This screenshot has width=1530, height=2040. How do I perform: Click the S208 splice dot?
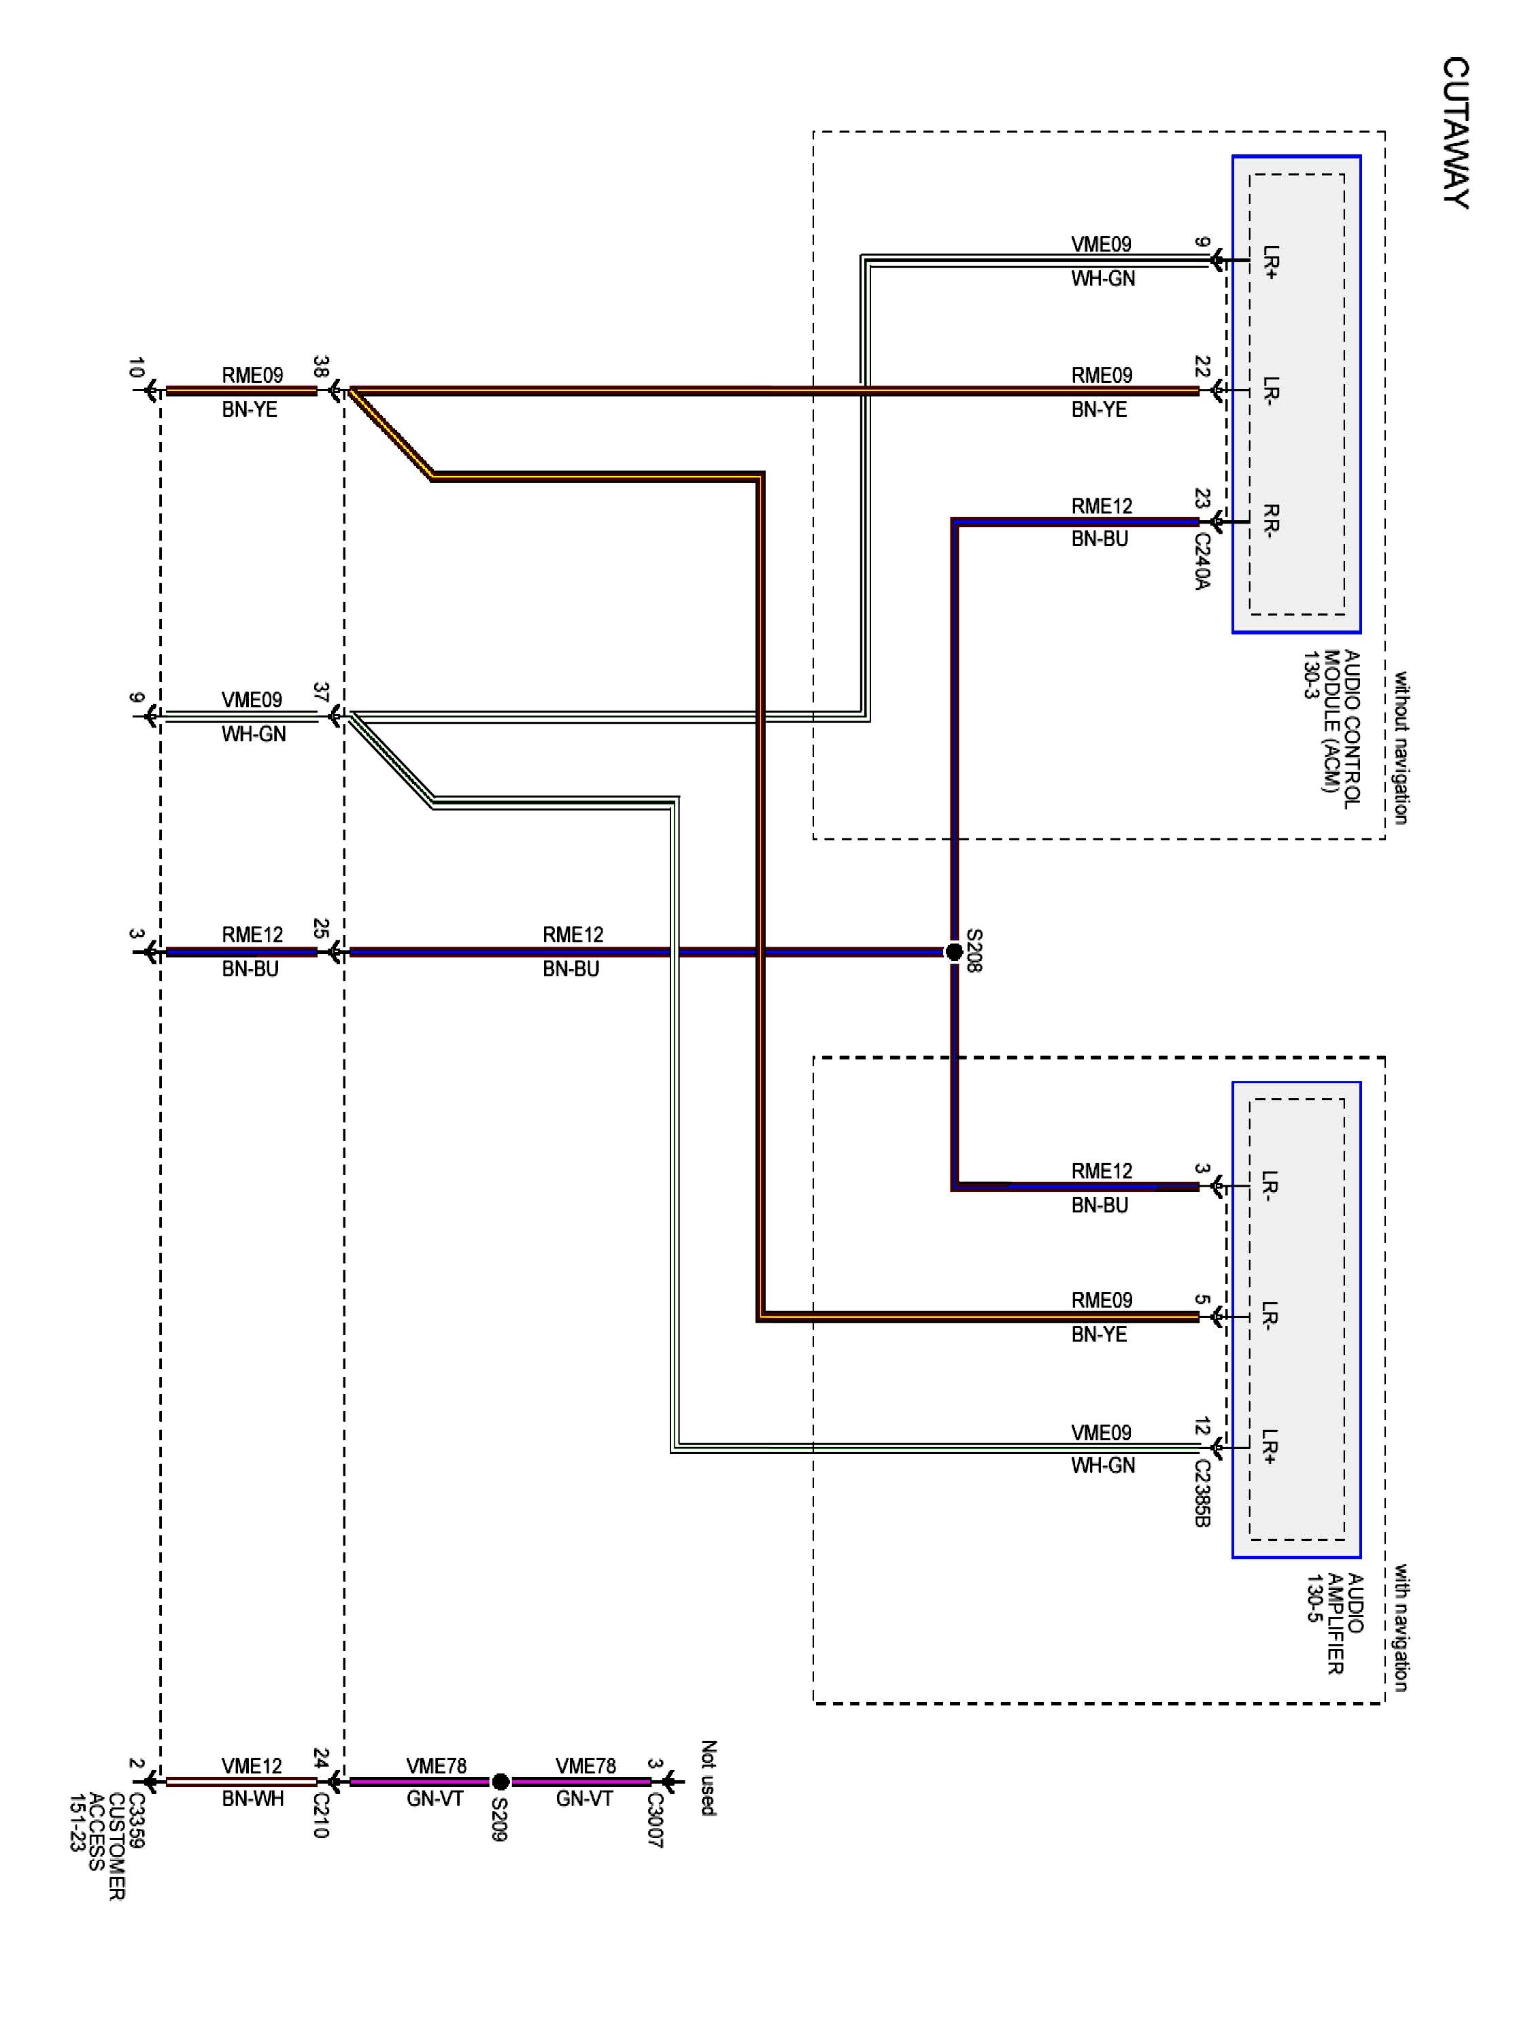[955, 952]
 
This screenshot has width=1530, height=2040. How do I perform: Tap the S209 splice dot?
[500, 1781]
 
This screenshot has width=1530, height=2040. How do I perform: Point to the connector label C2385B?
[1202, 1492]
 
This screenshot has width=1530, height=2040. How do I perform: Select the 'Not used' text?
[709, 1778]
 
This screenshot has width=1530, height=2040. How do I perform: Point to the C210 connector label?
[321, 1814]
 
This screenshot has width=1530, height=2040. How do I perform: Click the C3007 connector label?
[655, 1819]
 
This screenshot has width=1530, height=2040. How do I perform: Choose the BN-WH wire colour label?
[252, 1799]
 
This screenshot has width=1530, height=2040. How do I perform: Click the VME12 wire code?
[252, 1765]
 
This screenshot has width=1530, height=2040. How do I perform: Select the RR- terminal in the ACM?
[1271, 521]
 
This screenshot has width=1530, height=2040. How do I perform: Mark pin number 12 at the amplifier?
[1202, 1427]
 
